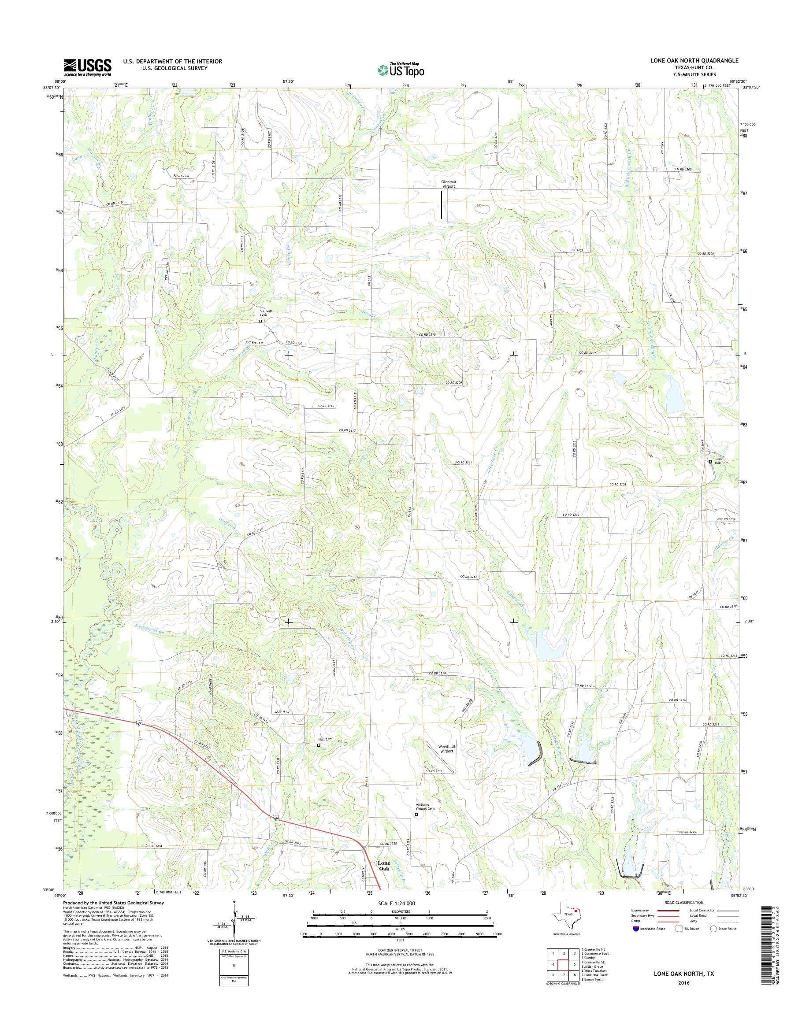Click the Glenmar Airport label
click(449, 184)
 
